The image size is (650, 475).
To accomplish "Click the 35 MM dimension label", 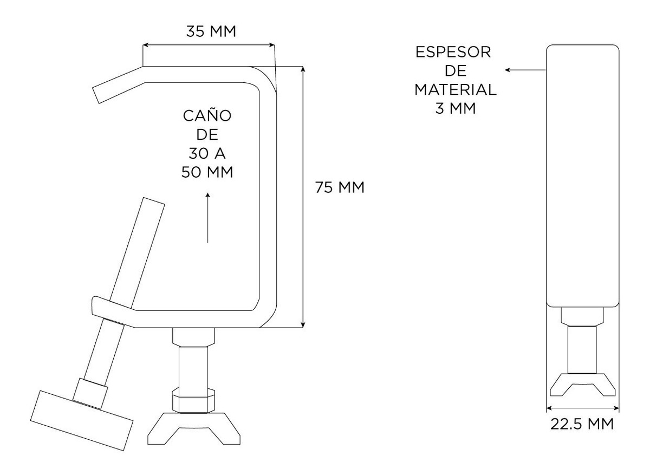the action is tap(211, 31).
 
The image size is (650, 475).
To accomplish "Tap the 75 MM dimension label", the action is tap(340, 187).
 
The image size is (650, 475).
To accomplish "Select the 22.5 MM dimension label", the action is tap(582, 424).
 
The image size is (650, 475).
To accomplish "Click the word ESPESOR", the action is tap(453, 52).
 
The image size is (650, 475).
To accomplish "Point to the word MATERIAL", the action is tap(456, 90).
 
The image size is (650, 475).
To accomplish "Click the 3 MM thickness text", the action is tap(456, 108).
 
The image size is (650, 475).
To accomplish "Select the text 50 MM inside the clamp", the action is tap(207, 172).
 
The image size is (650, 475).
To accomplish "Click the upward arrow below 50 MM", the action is tap(207, 217).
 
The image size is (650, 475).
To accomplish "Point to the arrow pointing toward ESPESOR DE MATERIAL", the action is tap(525, 70).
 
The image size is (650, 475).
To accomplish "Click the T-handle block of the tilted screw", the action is tap(82, 420).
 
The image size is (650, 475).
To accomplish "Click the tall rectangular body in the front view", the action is tap(583, 176).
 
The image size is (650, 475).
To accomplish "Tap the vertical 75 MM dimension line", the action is tap(303, 197).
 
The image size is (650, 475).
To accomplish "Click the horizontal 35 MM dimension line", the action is tap(209, 45).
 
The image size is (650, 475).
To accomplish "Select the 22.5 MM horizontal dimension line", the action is tap(583, 408).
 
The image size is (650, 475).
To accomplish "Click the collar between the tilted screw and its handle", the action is tap(90, 393).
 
